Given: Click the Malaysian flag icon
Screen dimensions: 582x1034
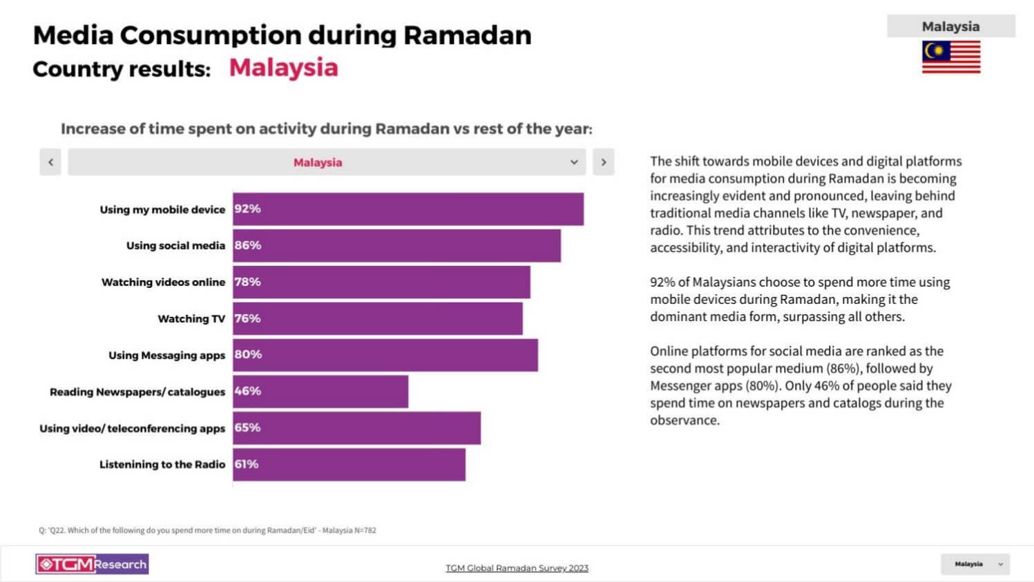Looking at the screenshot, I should coord(950,57).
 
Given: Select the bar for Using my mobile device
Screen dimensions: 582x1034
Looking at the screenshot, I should coord(408,209).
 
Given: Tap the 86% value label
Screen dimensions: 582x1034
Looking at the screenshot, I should coord(247,245).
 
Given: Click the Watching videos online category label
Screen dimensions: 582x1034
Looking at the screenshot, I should coord(163,282).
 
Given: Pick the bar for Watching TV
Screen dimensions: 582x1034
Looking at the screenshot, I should coord(377,318).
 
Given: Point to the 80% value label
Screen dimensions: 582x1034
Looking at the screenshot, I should coord(248,355).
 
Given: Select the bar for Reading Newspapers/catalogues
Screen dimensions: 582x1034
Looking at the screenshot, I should coord(320,391).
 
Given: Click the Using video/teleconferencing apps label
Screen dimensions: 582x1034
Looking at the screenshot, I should coord(132,429).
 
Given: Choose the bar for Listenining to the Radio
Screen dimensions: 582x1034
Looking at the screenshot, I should coord(349,465).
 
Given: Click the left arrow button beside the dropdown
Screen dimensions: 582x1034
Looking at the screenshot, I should coord(50,162).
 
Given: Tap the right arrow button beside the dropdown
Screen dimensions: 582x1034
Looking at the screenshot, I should coord(603,162).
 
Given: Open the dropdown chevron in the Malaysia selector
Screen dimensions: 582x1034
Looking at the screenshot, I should coord(573,162).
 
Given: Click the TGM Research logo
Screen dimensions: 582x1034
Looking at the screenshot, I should coord(92,564).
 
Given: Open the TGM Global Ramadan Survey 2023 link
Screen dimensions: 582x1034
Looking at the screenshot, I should coord(517,568).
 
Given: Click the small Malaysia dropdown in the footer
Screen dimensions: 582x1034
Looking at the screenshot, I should coord(975,564).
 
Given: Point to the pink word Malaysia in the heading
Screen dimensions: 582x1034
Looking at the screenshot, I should coord(283,68).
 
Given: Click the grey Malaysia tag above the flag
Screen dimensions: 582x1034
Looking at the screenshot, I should coord(950,26).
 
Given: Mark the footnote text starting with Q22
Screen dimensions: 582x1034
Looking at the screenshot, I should coord(207,530).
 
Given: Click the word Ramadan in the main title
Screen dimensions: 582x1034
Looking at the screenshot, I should coord(467,35).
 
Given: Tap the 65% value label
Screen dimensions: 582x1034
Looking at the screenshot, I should coord(247,428).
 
